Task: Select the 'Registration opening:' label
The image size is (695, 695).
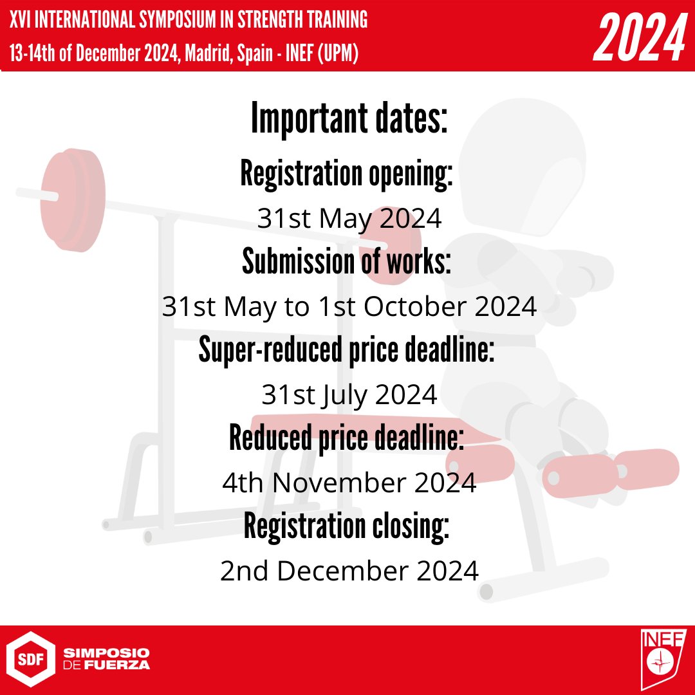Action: [x=347, y=174]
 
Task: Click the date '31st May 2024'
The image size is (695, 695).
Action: [x=349, y=219]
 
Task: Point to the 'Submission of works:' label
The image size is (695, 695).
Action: [x=347, y=261]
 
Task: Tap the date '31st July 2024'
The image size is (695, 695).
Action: [x=349, y=394]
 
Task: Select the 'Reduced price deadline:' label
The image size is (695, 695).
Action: [x=347, y=438]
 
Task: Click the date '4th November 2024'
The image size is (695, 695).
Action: [x=349, y=482]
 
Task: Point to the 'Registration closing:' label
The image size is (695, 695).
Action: [x=347, y=526]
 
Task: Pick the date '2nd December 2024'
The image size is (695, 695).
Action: [x=349, y=570]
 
